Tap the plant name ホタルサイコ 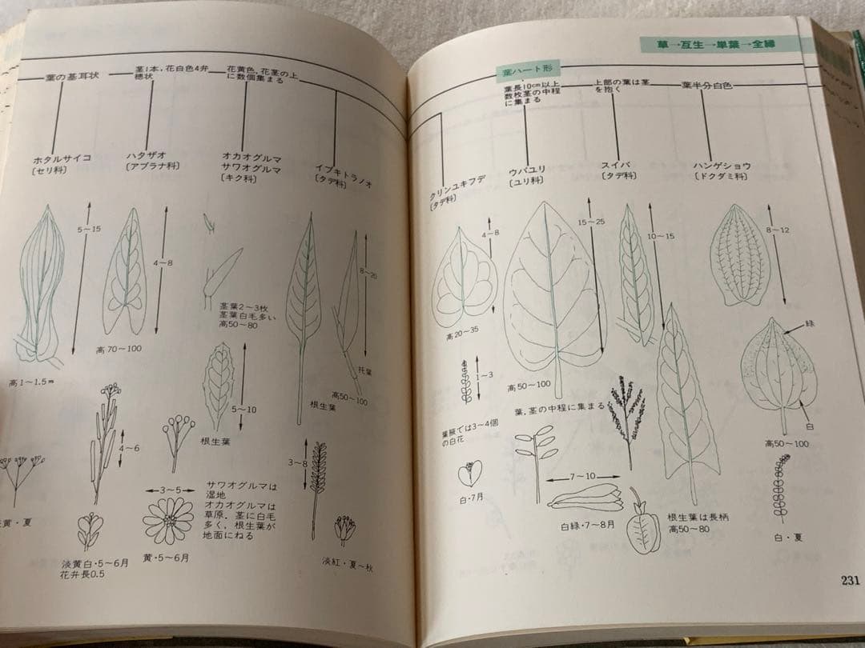point(62,158)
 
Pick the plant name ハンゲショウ point(722,166)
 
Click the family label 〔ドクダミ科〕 point(721,176)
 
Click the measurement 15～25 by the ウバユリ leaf point(591,222)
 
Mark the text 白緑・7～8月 point(587,526)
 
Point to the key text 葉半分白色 point(706,85)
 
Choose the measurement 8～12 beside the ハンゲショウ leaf point(778,230)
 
